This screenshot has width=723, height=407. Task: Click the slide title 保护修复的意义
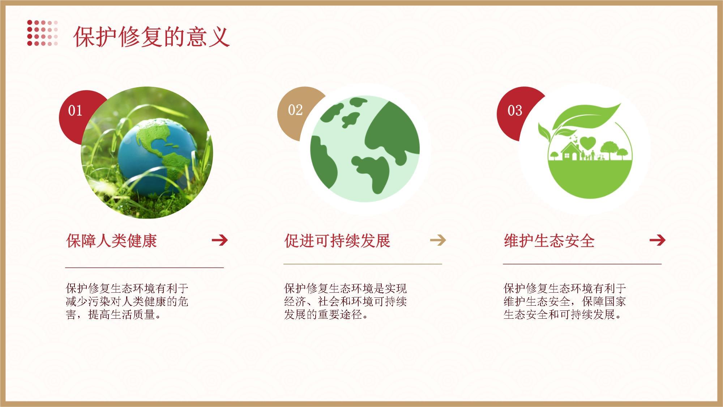pos(151,37)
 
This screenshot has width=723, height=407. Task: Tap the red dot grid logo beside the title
pos(42,33)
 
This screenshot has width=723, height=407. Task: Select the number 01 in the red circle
pos(75,110)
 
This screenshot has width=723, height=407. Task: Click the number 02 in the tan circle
pos(295,110)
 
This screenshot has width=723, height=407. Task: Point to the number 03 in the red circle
pos(515,110)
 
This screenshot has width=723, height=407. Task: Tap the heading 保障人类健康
pos(111,241)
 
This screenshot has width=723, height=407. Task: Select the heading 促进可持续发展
pos(337,241)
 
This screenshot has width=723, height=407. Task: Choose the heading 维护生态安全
pos(549,241)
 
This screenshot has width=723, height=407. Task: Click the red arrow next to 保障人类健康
pos(220,240)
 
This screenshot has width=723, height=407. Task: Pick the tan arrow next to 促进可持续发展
pos(438,240)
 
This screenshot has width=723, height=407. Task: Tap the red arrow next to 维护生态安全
pos(657,240)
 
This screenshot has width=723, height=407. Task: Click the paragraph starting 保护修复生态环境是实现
pos(346,301)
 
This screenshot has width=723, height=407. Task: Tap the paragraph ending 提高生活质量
pos(127,301)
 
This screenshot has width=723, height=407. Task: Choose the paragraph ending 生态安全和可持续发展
pos(565,301)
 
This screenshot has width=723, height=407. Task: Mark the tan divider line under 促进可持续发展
pos(363,264)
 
